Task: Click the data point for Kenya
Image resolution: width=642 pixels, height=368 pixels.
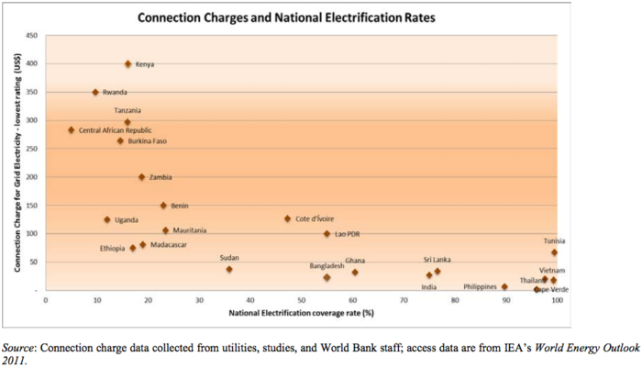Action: [128, 64]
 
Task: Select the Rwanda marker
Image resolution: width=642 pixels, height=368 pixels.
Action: [95, 93]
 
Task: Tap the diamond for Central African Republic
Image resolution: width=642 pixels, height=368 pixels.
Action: [72, 130]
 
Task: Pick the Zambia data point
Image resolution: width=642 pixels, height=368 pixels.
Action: [142, 177]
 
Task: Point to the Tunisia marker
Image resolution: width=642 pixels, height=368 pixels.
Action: [554, 252]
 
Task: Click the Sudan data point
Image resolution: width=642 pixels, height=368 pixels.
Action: [229, 269]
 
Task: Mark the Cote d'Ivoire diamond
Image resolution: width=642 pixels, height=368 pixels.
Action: [287, 218]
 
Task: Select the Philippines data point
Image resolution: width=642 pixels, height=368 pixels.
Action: [504, 286]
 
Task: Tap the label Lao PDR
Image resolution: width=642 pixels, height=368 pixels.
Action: [347, 234]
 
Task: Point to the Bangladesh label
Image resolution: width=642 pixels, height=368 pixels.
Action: [327, 266]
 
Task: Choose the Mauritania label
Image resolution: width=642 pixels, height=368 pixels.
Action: [190, 230]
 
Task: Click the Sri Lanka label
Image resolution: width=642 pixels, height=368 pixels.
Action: [437, 260]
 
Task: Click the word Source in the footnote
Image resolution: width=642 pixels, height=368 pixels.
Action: [20, 347]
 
